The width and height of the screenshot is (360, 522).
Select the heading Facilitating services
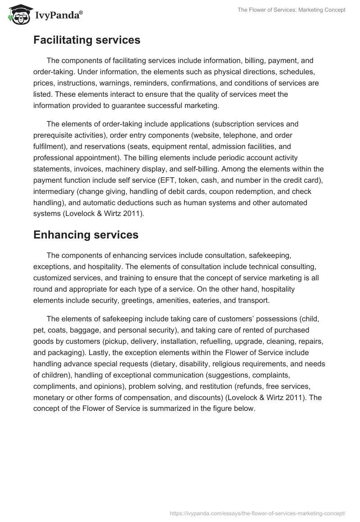tap(87, 40)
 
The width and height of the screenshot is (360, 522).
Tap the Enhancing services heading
tap(85, 234)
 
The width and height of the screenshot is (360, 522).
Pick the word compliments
tap(54, 386)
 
